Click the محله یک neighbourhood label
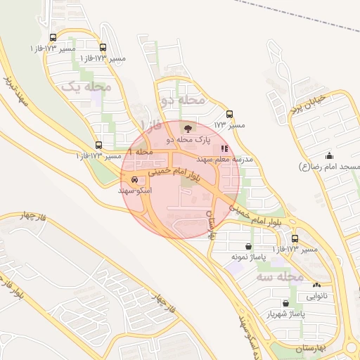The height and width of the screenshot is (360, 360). click(x=88, y=86)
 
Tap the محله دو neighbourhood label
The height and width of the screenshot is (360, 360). click(x=183, y=101)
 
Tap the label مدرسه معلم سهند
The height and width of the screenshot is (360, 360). click(x=229, y=160)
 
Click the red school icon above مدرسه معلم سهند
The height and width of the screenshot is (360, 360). click(x=225, y=148)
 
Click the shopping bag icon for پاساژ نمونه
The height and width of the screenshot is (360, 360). click(x=250, y=246)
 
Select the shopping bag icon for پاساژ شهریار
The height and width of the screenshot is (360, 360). click(x=285, y=303)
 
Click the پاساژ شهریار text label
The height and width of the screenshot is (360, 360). click(x=285, y=314)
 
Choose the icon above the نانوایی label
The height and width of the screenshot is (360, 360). click(x=317, y=285)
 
